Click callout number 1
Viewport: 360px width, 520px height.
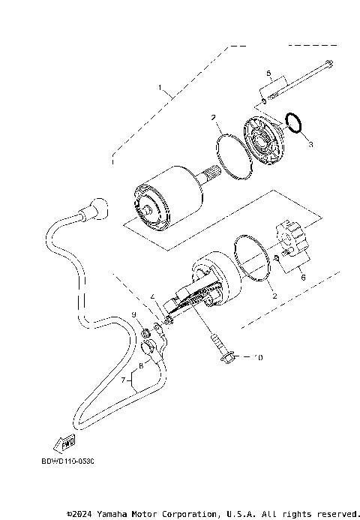click(x=159, y=88)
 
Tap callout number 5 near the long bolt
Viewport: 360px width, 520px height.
click(x=268, y=73)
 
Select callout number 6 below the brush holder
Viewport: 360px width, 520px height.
click(x=303, y=277)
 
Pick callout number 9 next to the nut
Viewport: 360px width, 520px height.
click(x=135, y=314)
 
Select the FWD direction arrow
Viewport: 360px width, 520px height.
click(x=65, y=440)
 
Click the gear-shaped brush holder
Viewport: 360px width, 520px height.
click(x=291, y=236)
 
